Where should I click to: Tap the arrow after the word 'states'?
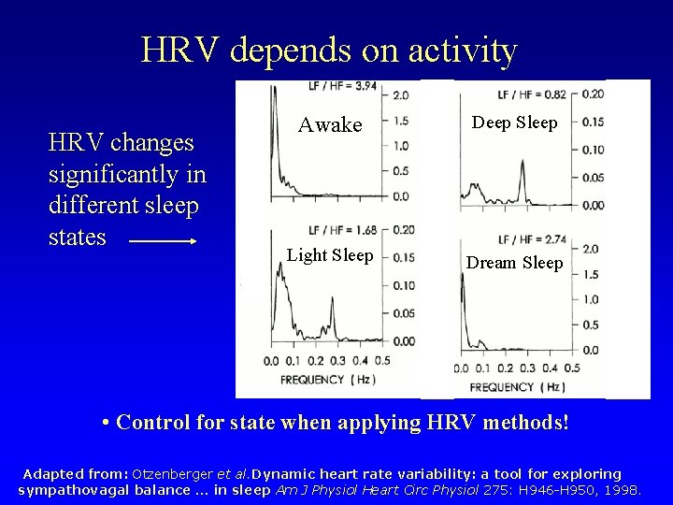(162, 240)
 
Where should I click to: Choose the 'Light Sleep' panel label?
(330, 255)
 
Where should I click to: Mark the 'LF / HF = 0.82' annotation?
(533, 93)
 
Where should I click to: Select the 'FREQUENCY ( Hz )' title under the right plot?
(518, 386)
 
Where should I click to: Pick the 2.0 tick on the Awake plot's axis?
(399, 96)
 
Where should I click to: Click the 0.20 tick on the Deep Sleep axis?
(591, 94)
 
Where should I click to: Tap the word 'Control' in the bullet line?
(156, 424)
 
